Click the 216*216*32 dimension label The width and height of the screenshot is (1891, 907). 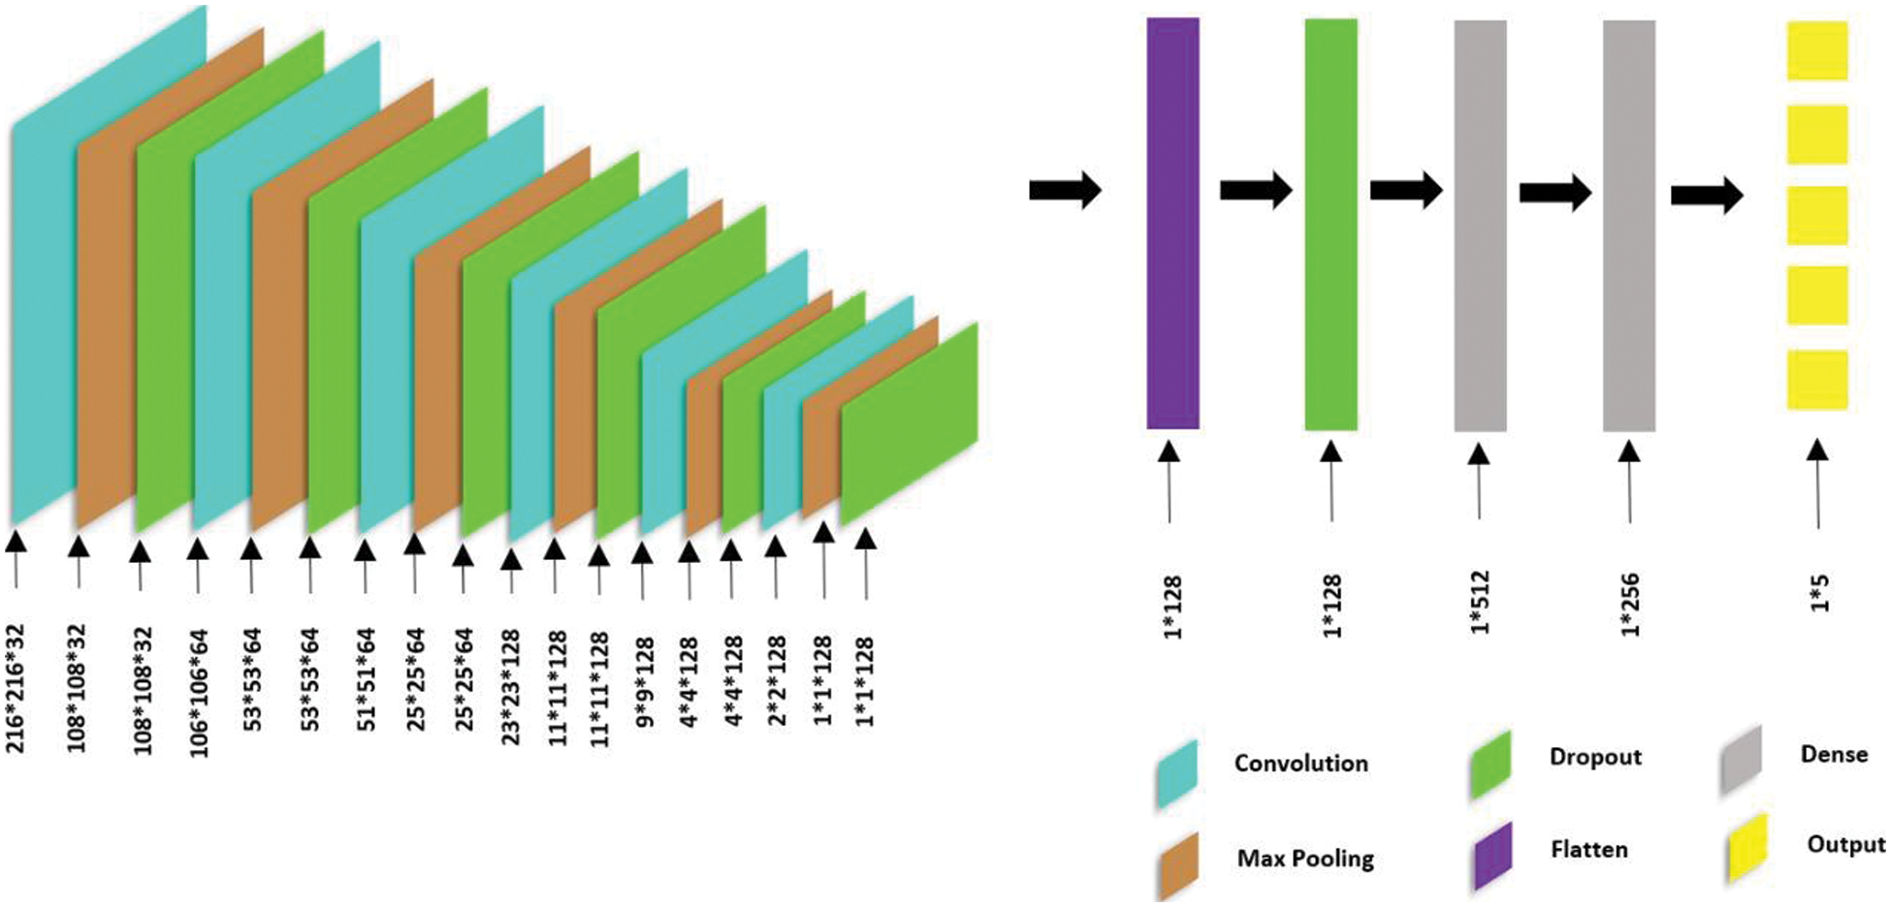point(16,689)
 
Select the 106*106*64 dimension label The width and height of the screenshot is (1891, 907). point(199,693)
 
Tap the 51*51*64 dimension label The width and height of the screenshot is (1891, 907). point(366,679)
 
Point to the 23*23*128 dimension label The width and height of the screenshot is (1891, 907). point(511,687)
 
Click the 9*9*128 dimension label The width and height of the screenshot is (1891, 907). point(645,681)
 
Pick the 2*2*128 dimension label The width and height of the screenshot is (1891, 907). point(776,680)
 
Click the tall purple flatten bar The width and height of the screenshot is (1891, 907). point(1172,223)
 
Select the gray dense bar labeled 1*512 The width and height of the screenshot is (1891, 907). point(1480,226)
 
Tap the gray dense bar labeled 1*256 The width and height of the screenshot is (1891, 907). point(1628,226)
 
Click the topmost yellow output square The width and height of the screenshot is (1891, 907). point(1817,50)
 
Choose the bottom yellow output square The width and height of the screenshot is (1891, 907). point(1817,380)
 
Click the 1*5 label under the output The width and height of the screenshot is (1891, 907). point(1820,593)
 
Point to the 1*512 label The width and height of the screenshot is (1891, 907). point(1480,603)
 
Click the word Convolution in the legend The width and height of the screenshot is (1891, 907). point(1300,764)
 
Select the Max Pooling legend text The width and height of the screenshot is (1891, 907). point(1305,859)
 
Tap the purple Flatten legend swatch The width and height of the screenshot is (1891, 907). point(1493,856)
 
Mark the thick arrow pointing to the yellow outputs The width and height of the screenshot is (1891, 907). point(1707,196)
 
